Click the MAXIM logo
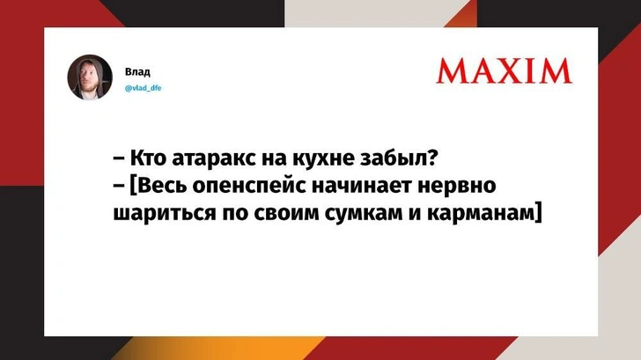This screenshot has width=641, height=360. pyautogui.click(x=504, y=70)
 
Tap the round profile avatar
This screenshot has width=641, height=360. pyautogui.click(x=91, y=77)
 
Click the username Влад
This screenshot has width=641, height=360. pyautogui.click(x=136, y=70)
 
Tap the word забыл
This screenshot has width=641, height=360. pyautogui.click(x=400, y=161)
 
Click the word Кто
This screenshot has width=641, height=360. pyautogui.click(x=148, y=161)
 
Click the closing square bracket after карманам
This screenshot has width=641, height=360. pyautogui.click(x=535, y=212)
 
